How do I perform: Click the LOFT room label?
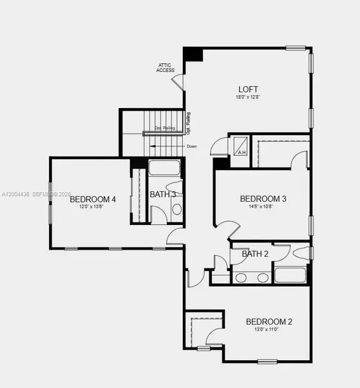tap(248, 89)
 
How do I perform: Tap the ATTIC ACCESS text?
tap(165, 68)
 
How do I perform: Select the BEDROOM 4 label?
tap(92, 199)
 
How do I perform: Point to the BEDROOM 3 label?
tap(263, 199)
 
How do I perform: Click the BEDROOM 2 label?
tap(270, 321)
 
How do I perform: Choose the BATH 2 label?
tap(255, 253)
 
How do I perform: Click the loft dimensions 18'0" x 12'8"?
tap(248, 98)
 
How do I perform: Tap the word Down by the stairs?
tap(192, 147)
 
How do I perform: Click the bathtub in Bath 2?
tap(291, 275)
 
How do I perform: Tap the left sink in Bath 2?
tap(240, 278)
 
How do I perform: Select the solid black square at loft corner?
tap(193, 54)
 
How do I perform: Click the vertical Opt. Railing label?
tap(188, 122)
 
